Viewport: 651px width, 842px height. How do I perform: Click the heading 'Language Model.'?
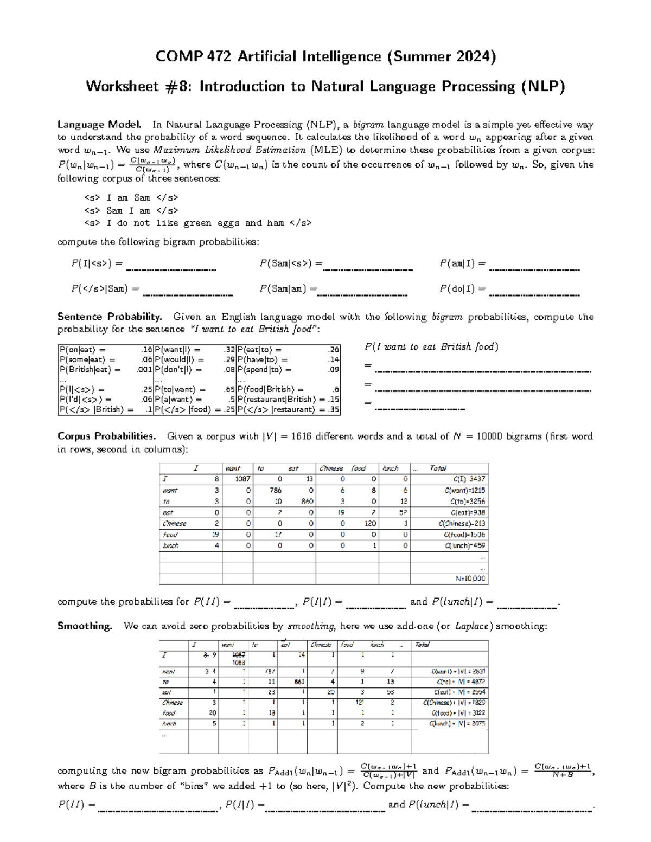[x=100, y=124]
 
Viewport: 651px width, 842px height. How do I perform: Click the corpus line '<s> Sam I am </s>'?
[x=131, y=210]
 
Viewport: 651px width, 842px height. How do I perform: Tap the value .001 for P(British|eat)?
[x=144, y=370]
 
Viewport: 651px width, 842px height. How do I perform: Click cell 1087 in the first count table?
[x=242, y=479]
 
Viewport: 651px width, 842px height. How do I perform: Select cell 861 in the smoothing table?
[x=299, y=682]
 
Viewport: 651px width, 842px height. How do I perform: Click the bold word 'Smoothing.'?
[x=85, y=626]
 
